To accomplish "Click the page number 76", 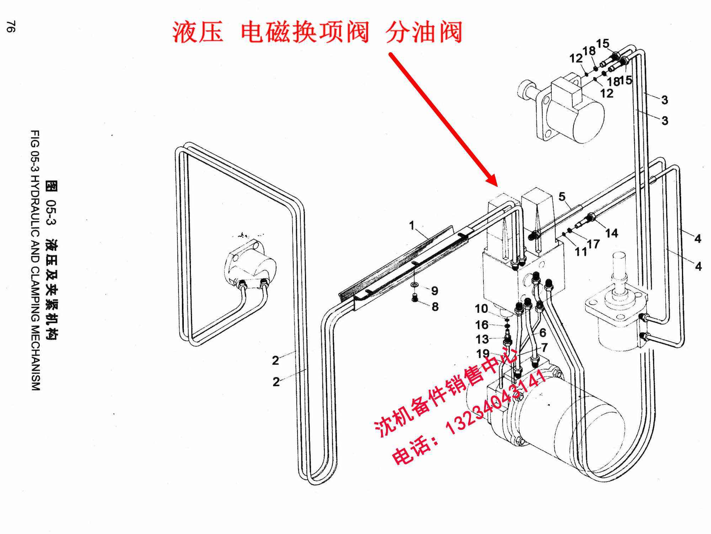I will pyautogui.click(x=11, y=27).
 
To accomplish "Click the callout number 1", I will pyautogui.click(x=412, y=225).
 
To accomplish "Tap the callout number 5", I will pyautogui.click(x=562, y=197).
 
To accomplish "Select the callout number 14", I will pyautogui.click(x=611, y=233).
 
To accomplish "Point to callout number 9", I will pyautogui.click(x=434, y=291).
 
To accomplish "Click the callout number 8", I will pyautogui.click(x=435, y=307).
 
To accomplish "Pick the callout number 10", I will pyautogui.click(x=481, y=309).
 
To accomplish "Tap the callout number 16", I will pyautogui.click(x=482, y=325).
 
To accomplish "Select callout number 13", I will pyautogui.click(x=482, y=339).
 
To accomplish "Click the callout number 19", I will pyautogui.click(x=483, y=354).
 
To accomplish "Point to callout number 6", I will pyautogui.click(x=542, y=333).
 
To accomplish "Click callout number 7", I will pyautogui.click(x=544, y=347).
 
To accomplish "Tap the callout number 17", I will pyautogui.click(x=593, y=244).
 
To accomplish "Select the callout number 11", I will pyautogui.click(x=581, y=252).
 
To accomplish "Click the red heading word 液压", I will pyautogui.click(x=198, y=32).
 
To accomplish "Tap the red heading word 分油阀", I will pyautogui.click(x=424, y=32).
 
